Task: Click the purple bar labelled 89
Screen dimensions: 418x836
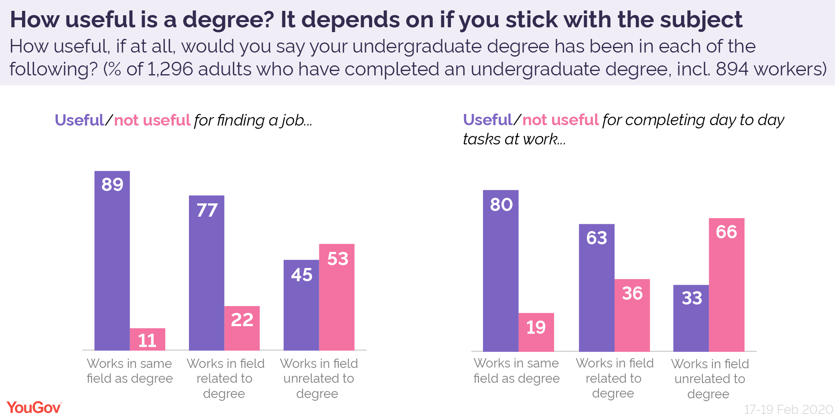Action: click(112, 261)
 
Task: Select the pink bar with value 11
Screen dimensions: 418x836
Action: click(147, 339)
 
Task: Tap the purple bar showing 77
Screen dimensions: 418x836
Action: click(207, 273)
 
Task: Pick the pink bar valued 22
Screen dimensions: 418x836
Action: click(242, 328)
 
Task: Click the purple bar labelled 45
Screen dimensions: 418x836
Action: click(301, 305)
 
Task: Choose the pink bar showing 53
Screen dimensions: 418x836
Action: click(337, 297)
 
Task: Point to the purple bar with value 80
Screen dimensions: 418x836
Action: click(501, 271)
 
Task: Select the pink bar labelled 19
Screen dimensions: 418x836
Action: click(536, 332)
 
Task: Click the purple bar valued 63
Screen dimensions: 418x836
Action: click(597, 288)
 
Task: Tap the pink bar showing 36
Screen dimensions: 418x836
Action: click(632, 315)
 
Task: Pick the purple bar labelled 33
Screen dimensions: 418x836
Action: click(691, 318)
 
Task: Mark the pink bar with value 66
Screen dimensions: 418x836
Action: click(726, 285)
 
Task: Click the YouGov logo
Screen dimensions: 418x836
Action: click(34, 408)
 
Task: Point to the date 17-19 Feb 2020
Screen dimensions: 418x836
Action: click(788, 409)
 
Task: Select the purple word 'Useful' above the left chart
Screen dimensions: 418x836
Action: click(79, 120)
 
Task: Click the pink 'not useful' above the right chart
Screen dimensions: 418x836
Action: click(560, 120)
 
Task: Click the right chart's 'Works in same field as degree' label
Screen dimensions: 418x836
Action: click(516, 371)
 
